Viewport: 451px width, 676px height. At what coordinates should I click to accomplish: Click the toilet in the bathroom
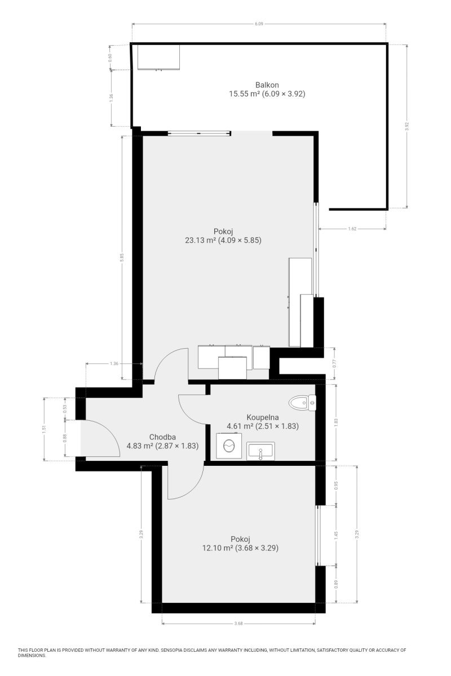tap(302, 403)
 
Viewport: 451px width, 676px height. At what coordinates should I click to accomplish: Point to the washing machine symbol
tap(229, 446)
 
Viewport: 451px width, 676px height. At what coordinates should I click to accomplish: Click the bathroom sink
tap(260, 451)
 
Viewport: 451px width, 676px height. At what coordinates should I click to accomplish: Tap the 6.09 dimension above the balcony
tap(259, 24)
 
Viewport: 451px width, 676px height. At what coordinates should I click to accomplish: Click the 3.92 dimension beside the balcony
tap(406, 126)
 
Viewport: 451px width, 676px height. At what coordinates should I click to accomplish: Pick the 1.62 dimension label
tap(352, 229)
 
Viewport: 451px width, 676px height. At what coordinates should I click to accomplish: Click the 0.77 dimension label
tap(334, 363)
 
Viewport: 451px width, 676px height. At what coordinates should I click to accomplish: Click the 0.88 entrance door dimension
tap(65, 438)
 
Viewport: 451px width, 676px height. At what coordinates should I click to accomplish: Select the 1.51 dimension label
tap(44, 429)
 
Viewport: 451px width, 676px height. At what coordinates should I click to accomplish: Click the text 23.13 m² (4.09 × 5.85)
tap(223, 240)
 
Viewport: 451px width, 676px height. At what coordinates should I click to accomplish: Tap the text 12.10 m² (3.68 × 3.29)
tap(240, 548)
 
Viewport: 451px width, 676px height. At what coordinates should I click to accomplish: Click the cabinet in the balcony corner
tap(159, 57)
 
